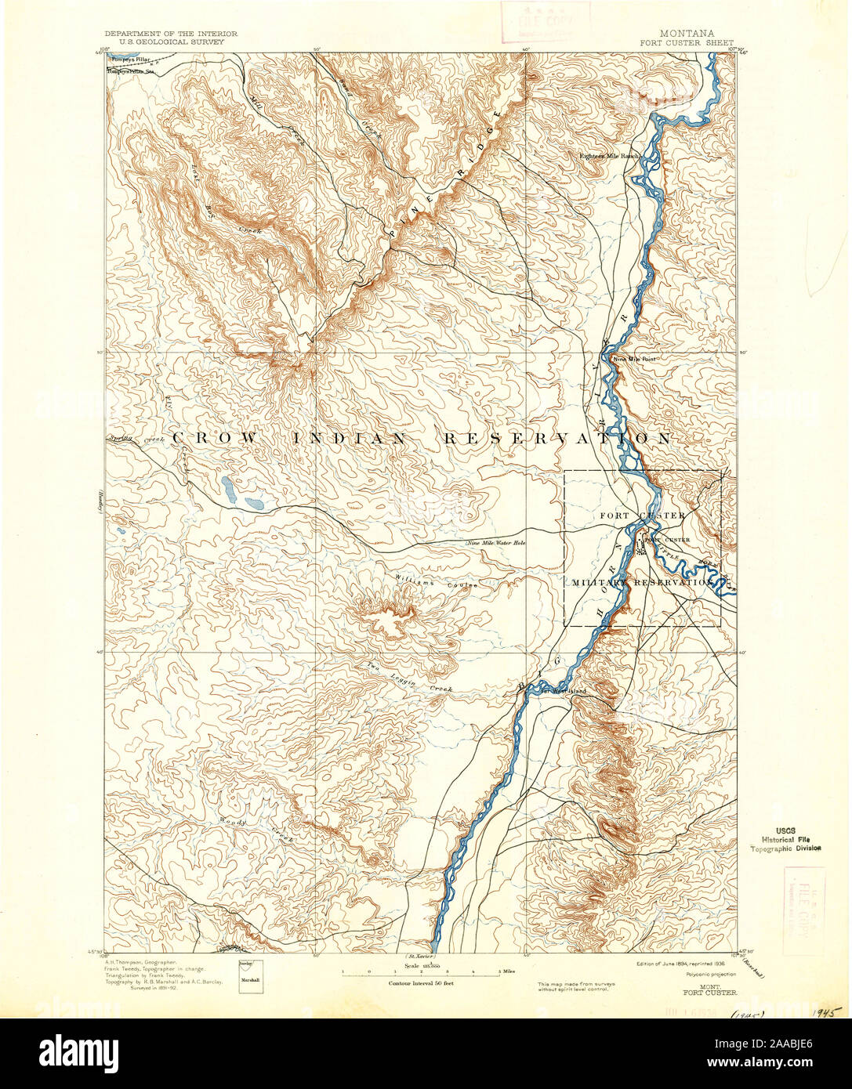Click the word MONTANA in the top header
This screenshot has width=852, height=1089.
[x=687, y=34]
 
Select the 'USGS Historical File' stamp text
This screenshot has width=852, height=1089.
[x=786, y=838]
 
